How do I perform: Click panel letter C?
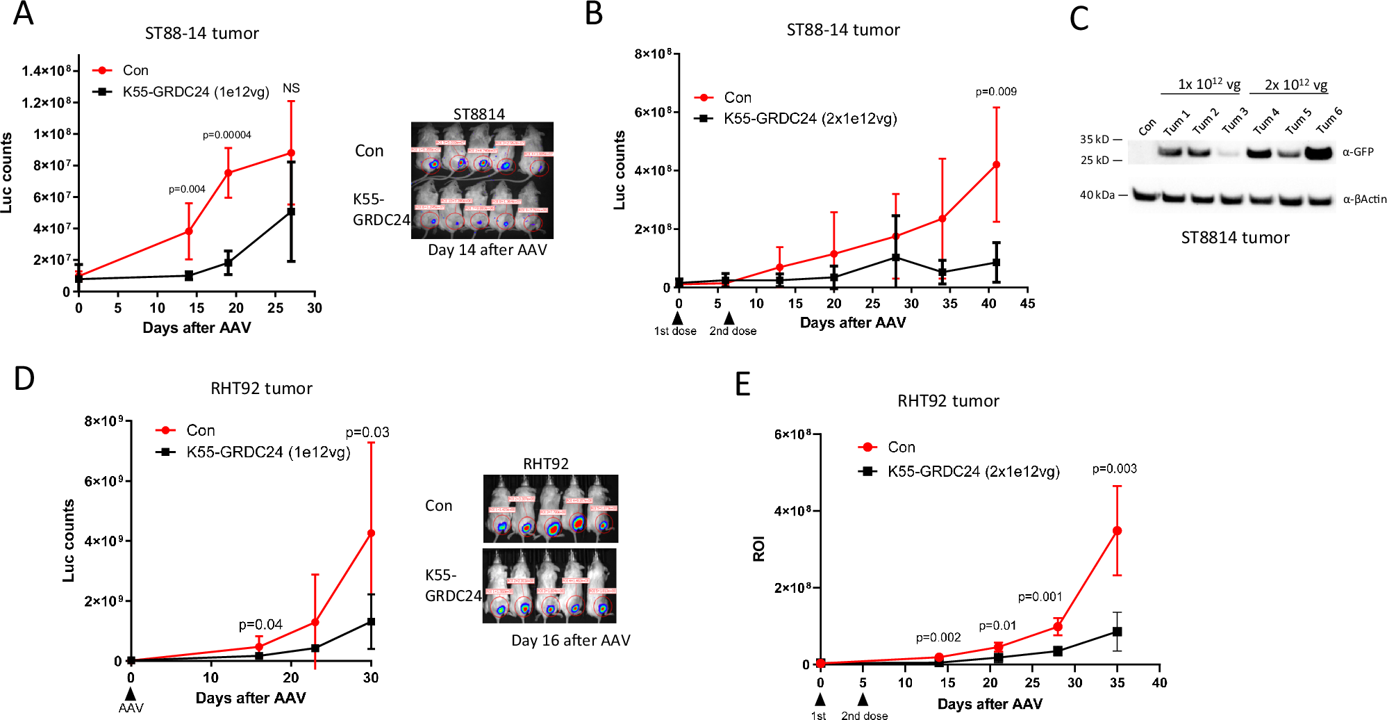[x=1079, y=18]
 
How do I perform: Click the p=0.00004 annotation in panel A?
[x=226, y=135]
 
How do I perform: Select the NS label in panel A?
[x=291, y=88]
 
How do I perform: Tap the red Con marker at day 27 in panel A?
[x=291, y=153]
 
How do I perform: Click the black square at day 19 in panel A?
[x=228, y=263]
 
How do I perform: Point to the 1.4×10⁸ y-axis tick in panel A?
[x=46, y=71]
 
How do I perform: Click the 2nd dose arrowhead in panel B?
[x=729, y=318]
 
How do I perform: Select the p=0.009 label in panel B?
[x=995, y=92]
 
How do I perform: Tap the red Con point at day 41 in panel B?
[x=996, y=165]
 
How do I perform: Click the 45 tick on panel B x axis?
[x=1027, y=304]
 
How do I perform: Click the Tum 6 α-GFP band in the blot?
[x=1320, y=152]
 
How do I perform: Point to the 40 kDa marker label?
[x=1097, y=195]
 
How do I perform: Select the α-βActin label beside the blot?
[x=1364, y=199]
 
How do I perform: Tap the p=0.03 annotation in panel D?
[x=367, y=432]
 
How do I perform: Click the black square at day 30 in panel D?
[x=371, y=622]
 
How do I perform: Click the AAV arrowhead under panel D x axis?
[x=131, y=694]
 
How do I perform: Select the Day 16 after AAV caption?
[x=570, y=640]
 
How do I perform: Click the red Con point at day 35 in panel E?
[x=1117, y=531]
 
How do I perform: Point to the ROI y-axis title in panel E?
[x=758, y=549]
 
